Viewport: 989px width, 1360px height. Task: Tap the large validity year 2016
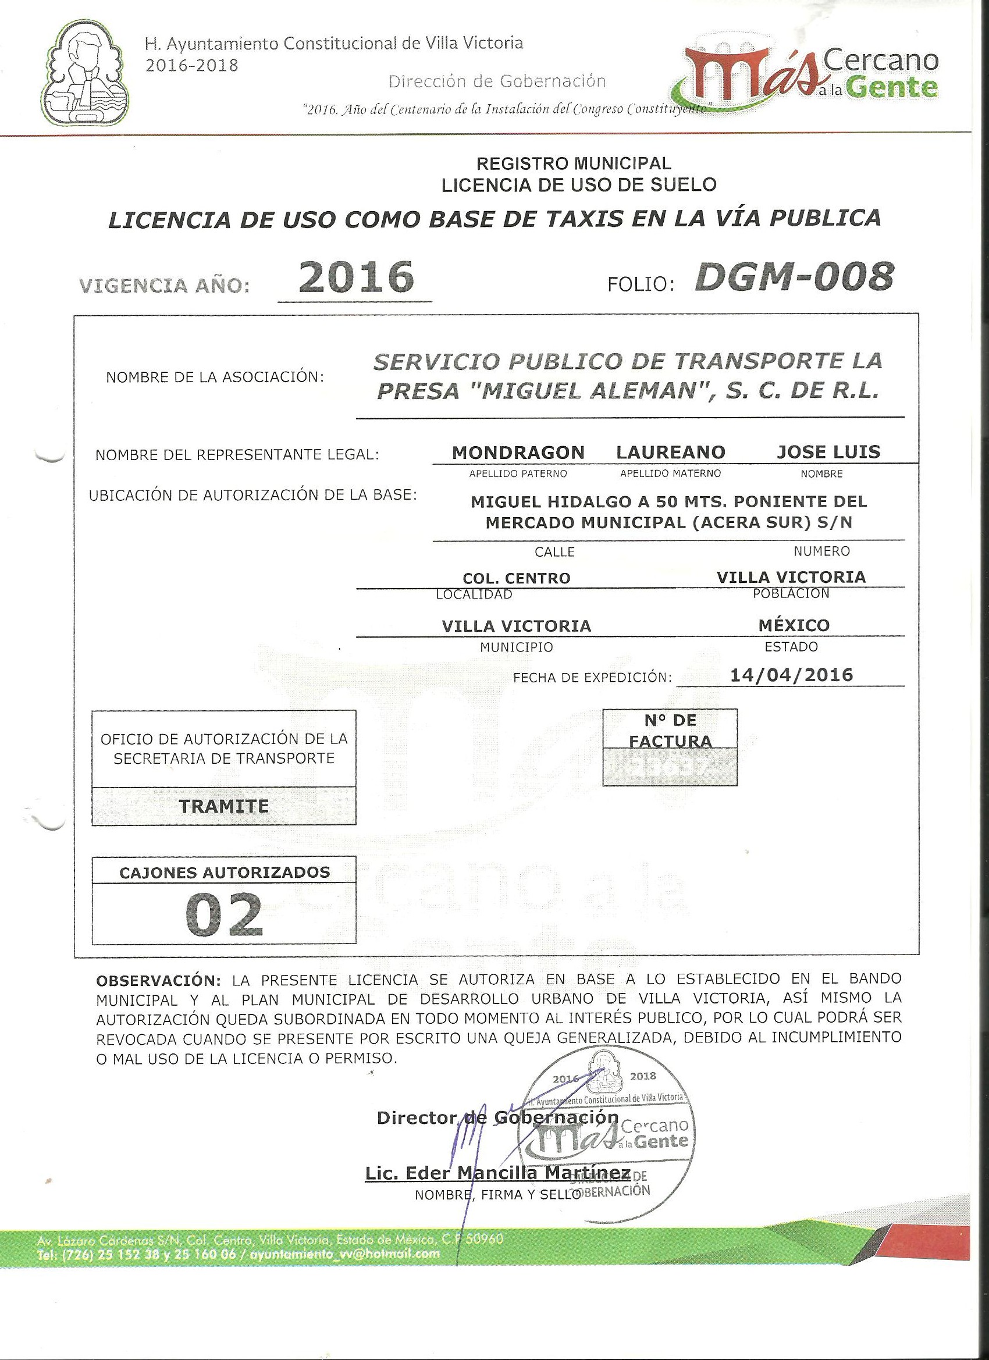pyautogui.click(x=355, y=277)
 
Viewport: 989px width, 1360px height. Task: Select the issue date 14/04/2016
pyautogui.click(x=792, y=675)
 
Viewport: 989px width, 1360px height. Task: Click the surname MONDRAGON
pyautogui.click(x=518, y=452)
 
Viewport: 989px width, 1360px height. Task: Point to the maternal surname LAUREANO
pyautogui.click(x=671, y=452)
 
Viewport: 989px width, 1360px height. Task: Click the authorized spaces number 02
pyautogui.click(x=224, y=916)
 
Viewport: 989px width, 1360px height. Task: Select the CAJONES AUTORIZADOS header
pyautogui.click(x=225, y=872)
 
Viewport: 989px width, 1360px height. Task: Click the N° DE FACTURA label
pyautogui.click(x=670, y=731)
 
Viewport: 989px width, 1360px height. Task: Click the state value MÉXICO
pyautogui.click(x=794, y=625)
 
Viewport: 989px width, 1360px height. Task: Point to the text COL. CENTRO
pyautogui.click(x=517, y=578)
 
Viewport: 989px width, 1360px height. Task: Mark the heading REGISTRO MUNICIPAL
pyautogui.click(x=574, y=162)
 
